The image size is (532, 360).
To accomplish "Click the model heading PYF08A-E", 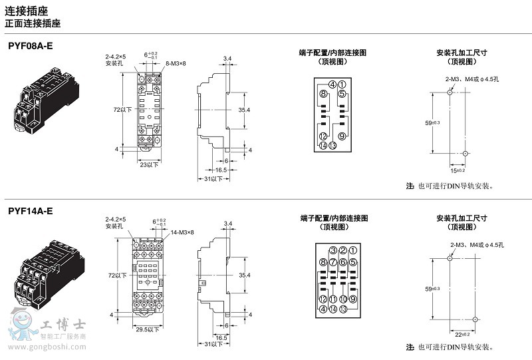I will pos(31,47).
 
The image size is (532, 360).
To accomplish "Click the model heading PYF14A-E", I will pos(31,212).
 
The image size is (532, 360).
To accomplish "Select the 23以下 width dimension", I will pos(149,163).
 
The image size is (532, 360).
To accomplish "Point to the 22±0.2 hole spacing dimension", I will pos(462,334).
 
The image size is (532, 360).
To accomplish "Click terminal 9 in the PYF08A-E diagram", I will pos(342,136).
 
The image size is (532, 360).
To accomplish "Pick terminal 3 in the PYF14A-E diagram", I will pos(332,250).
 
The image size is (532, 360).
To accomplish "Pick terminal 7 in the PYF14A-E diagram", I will pos(332,262).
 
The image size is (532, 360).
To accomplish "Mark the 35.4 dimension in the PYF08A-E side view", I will pos(244,109).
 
